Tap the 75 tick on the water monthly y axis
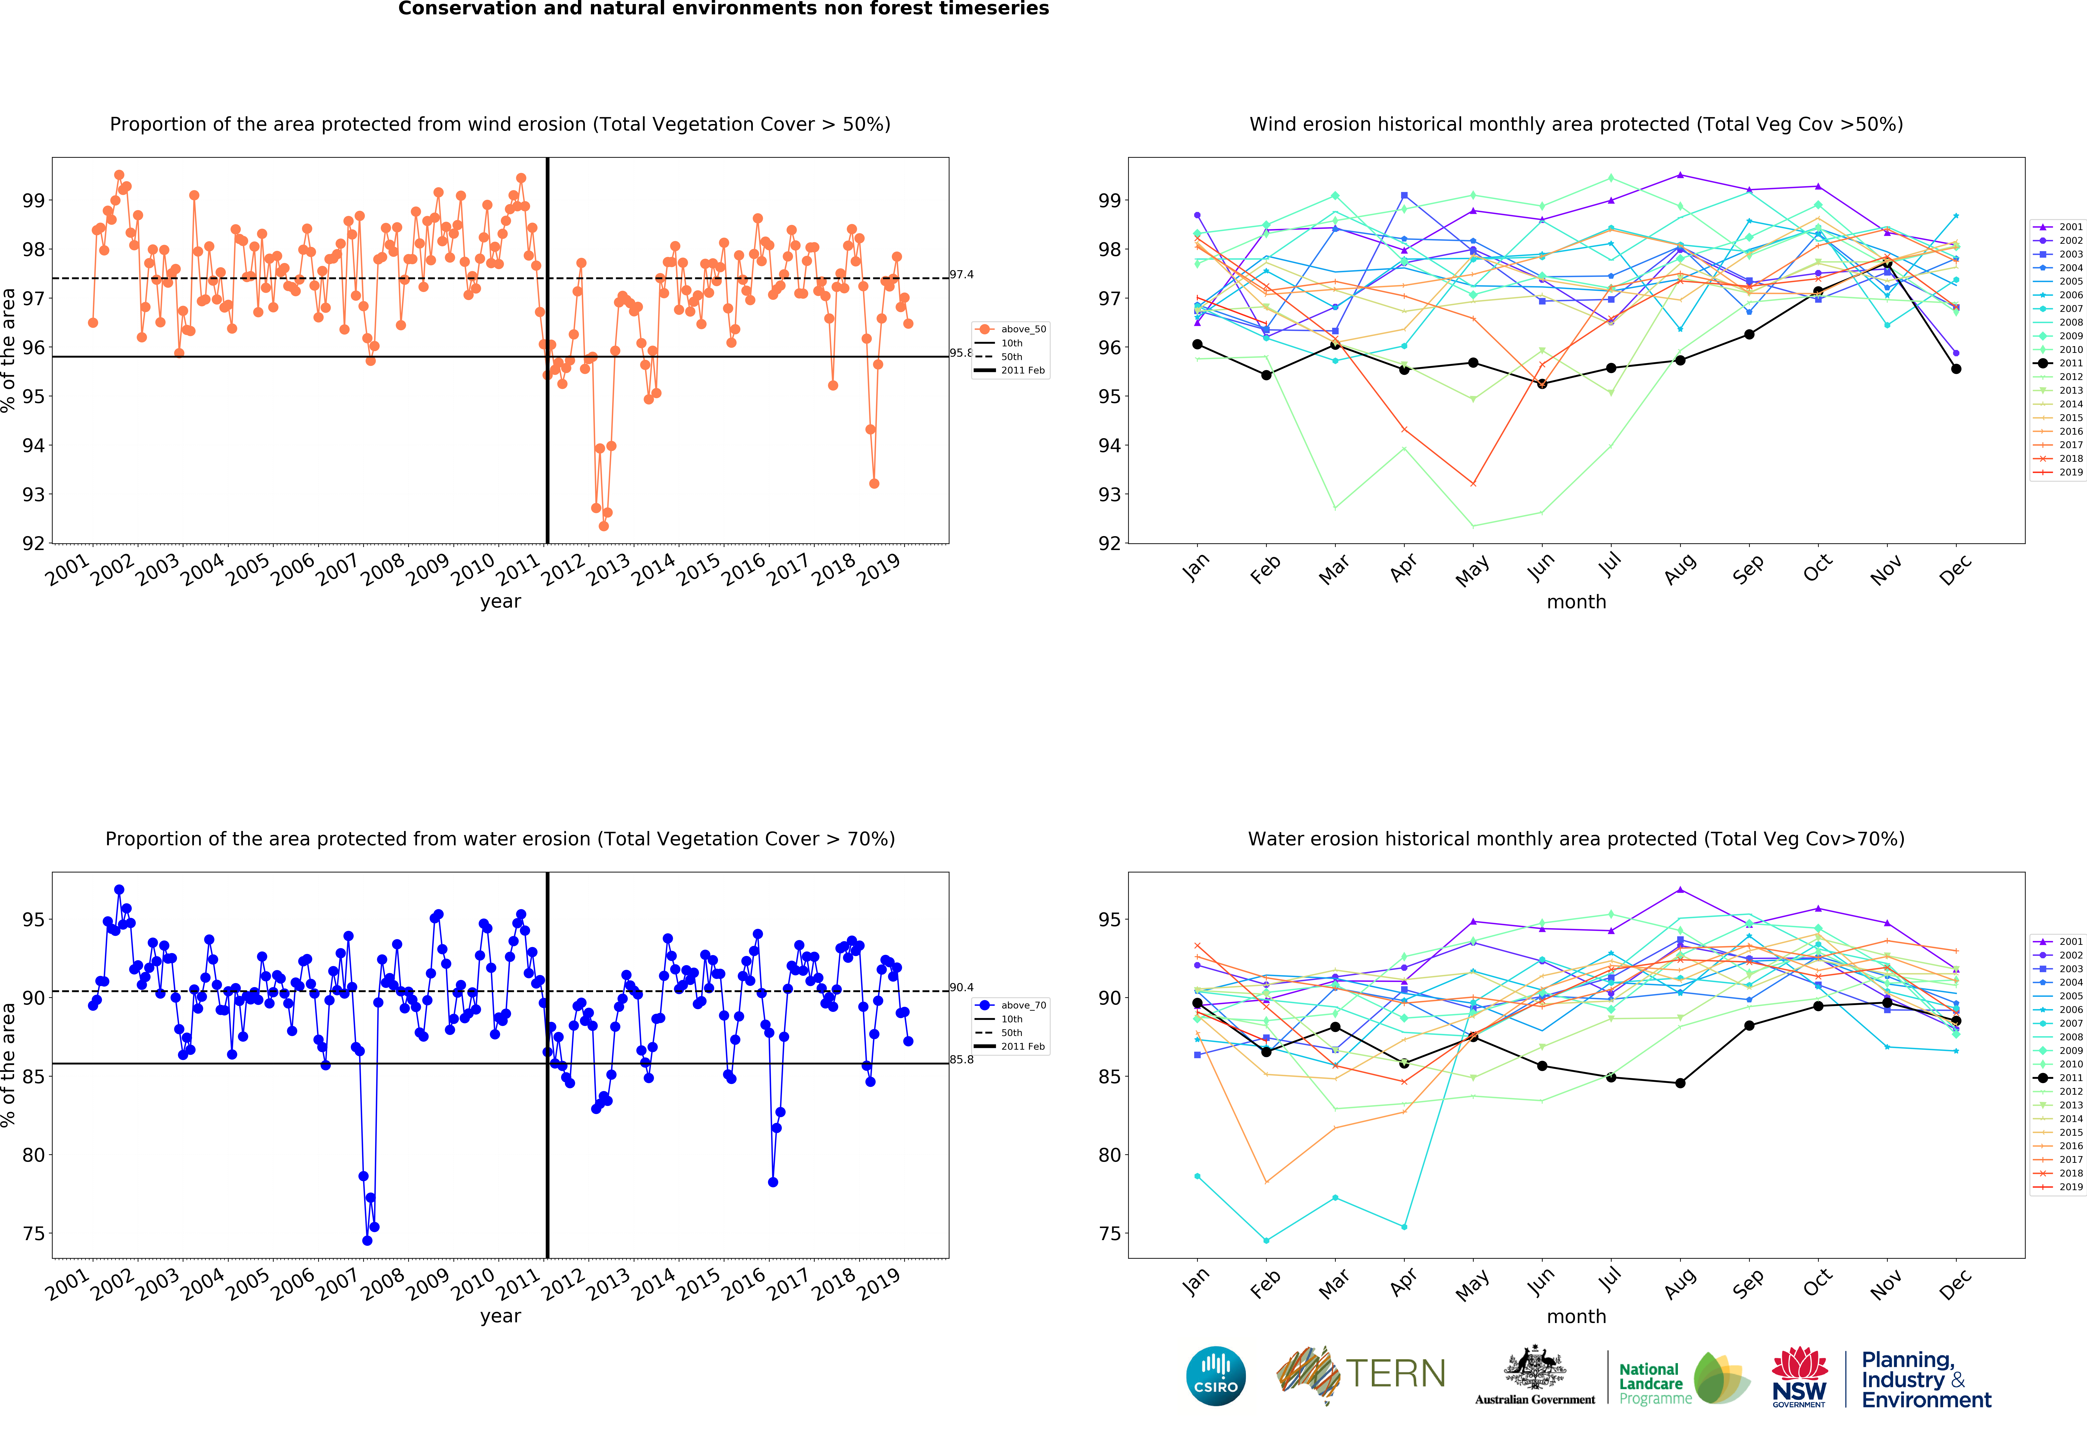[x=1110, y=1233]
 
